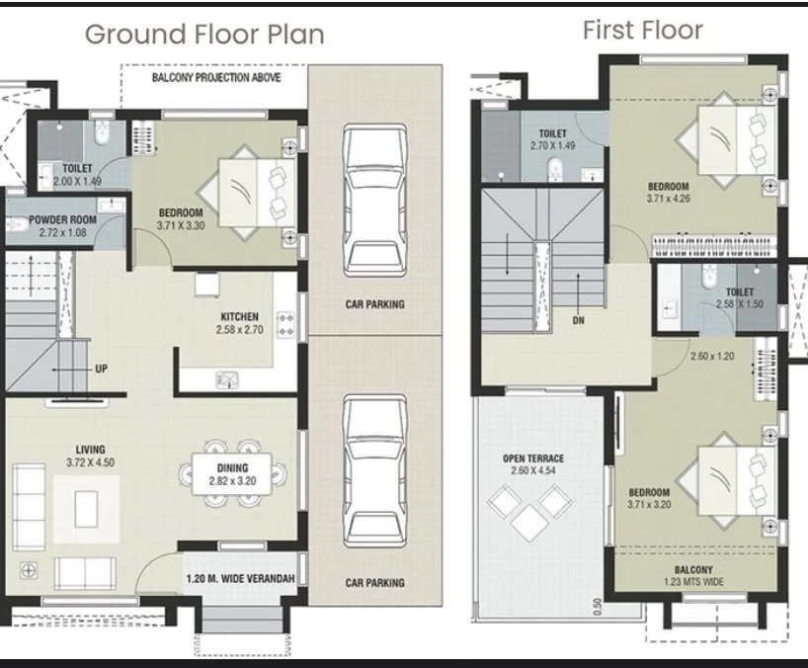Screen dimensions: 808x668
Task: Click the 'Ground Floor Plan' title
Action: (x=204, y=35)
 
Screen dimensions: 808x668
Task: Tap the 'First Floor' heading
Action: (x=643, y=30)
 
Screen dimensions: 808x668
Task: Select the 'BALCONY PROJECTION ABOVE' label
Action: (x=216, y=78)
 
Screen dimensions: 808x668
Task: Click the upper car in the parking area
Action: (x=374, y=201)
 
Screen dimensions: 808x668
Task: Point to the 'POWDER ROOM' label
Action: (x=62, y=219)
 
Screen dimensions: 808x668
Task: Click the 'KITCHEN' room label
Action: (x=240, y=316)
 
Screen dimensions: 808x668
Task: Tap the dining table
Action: (x=232, y=474)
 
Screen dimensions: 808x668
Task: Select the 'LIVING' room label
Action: (x=91, y=450)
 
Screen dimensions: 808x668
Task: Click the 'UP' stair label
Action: (x=101, y=369)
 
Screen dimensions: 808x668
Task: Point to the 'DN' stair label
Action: (x=578, y=320)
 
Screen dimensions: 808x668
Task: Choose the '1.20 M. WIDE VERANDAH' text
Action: (x=240, y=578)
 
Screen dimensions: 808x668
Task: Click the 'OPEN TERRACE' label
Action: (x=533, y=459)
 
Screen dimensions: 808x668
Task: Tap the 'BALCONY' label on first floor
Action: (x=693, y=569)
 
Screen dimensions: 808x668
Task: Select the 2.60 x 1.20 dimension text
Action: (x=712, y=356)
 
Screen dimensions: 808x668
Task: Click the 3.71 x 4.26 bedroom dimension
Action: (x=669, y=199)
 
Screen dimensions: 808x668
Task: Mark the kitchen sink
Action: (x=227, y=379)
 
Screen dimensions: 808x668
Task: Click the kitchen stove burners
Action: (x=285, y=325)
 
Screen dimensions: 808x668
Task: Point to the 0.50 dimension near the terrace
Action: (x=598, y=606)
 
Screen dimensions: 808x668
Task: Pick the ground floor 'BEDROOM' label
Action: (x=181, y=212)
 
